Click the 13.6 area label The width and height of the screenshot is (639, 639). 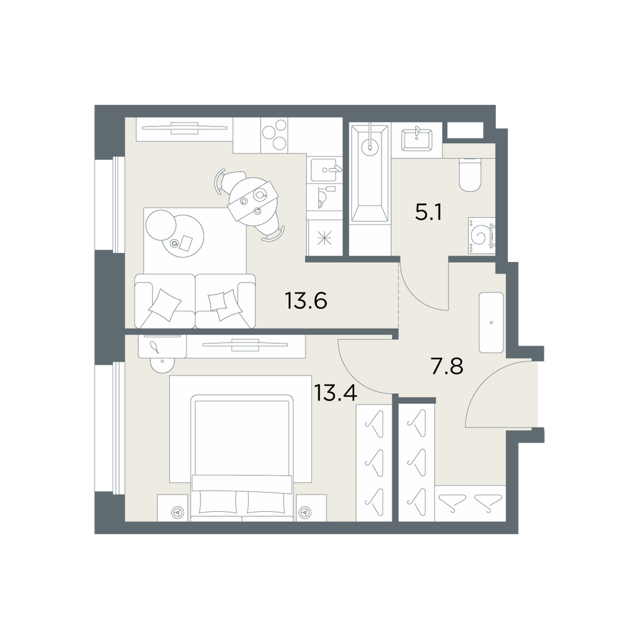tap(305, 301)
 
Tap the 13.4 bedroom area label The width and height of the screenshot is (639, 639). tap(335, 393)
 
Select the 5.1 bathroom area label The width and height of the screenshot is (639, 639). tap(428, 212)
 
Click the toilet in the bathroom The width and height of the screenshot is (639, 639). tap(470, 174)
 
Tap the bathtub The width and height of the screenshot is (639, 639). tap(370, 174)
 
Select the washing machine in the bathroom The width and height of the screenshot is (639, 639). tap(482, 236)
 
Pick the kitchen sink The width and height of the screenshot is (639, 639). tap(325, 170)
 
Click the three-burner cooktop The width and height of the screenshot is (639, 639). tap(274, 134)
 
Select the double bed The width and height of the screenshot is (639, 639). tap(242, 458)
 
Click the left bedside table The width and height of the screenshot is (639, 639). tap(173, 507)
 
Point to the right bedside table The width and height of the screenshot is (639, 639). tap(311, 507)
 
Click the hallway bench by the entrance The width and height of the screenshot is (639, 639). tap(491, 322)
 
